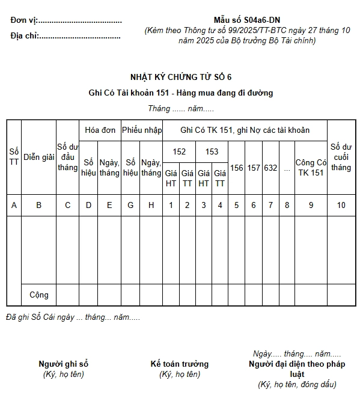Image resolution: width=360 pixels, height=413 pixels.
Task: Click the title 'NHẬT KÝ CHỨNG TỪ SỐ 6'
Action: (x=180, y=77)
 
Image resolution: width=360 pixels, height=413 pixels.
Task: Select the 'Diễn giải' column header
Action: (x=39, y=157)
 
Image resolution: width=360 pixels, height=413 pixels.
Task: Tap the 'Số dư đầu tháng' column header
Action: (x=68, y=157)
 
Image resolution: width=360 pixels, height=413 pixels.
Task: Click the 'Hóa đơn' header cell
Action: (x=100, y=130)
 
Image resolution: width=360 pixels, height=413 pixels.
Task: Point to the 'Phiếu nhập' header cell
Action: (x=142, y=130)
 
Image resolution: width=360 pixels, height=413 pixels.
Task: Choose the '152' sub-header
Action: (x=179, y=151)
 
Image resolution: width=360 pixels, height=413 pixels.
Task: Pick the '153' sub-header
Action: (x=212, y=151)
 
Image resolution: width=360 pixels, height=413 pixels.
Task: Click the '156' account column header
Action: (x=237, y=168)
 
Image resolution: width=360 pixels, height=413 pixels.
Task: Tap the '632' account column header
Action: (x=270, y=168)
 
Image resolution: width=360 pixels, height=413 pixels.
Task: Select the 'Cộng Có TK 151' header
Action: (x=311, y=168)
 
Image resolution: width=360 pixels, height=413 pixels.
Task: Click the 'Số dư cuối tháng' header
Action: (x=341, y=157)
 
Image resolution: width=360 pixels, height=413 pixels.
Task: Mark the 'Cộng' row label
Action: (x=39, y=295)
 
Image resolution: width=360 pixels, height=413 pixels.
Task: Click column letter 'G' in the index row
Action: (x=130, y=205)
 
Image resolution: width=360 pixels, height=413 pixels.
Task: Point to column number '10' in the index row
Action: (x=341, y=205)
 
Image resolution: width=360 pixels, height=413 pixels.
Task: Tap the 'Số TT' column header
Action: (x=14, y=157)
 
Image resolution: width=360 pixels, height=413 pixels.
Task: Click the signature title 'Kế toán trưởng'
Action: (x=180, y=364)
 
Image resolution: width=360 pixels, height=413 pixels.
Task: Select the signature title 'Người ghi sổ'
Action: (x=64, y=364)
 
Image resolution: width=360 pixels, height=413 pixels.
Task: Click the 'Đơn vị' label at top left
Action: (x=22, y=20)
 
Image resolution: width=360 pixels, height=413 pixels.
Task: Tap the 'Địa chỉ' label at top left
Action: (x=24, y=35)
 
